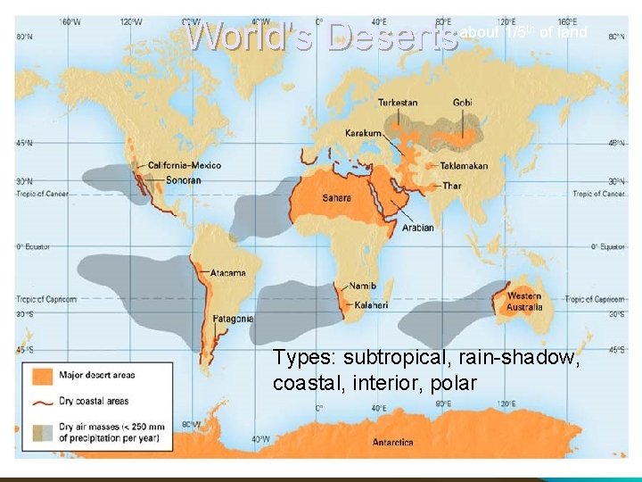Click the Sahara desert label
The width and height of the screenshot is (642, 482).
[x=335, y=197]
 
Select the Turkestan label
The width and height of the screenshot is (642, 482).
[x=397, y=102]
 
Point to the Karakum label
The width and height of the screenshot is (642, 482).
[x=363, y=134]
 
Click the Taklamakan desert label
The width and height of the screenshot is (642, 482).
[x=464, y=166]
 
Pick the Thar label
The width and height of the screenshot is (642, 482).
[x=452, y=186]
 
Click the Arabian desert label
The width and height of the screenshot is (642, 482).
[x=417, y=228]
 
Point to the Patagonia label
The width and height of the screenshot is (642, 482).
[x=233, y=319]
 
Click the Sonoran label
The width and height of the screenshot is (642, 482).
[x=183, y=180]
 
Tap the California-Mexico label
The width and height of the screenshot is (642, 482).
[x=185, y=166]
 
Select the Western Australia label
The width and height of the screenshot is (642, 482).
[x=524, y=302]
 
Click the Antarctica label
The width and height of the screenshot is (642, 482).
[x=393, y=442]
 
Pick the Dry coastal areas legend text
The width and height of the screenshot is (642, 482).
[x=94, y=401]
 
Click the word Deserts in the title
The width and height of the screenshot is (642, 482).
[x=392, y=37]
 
